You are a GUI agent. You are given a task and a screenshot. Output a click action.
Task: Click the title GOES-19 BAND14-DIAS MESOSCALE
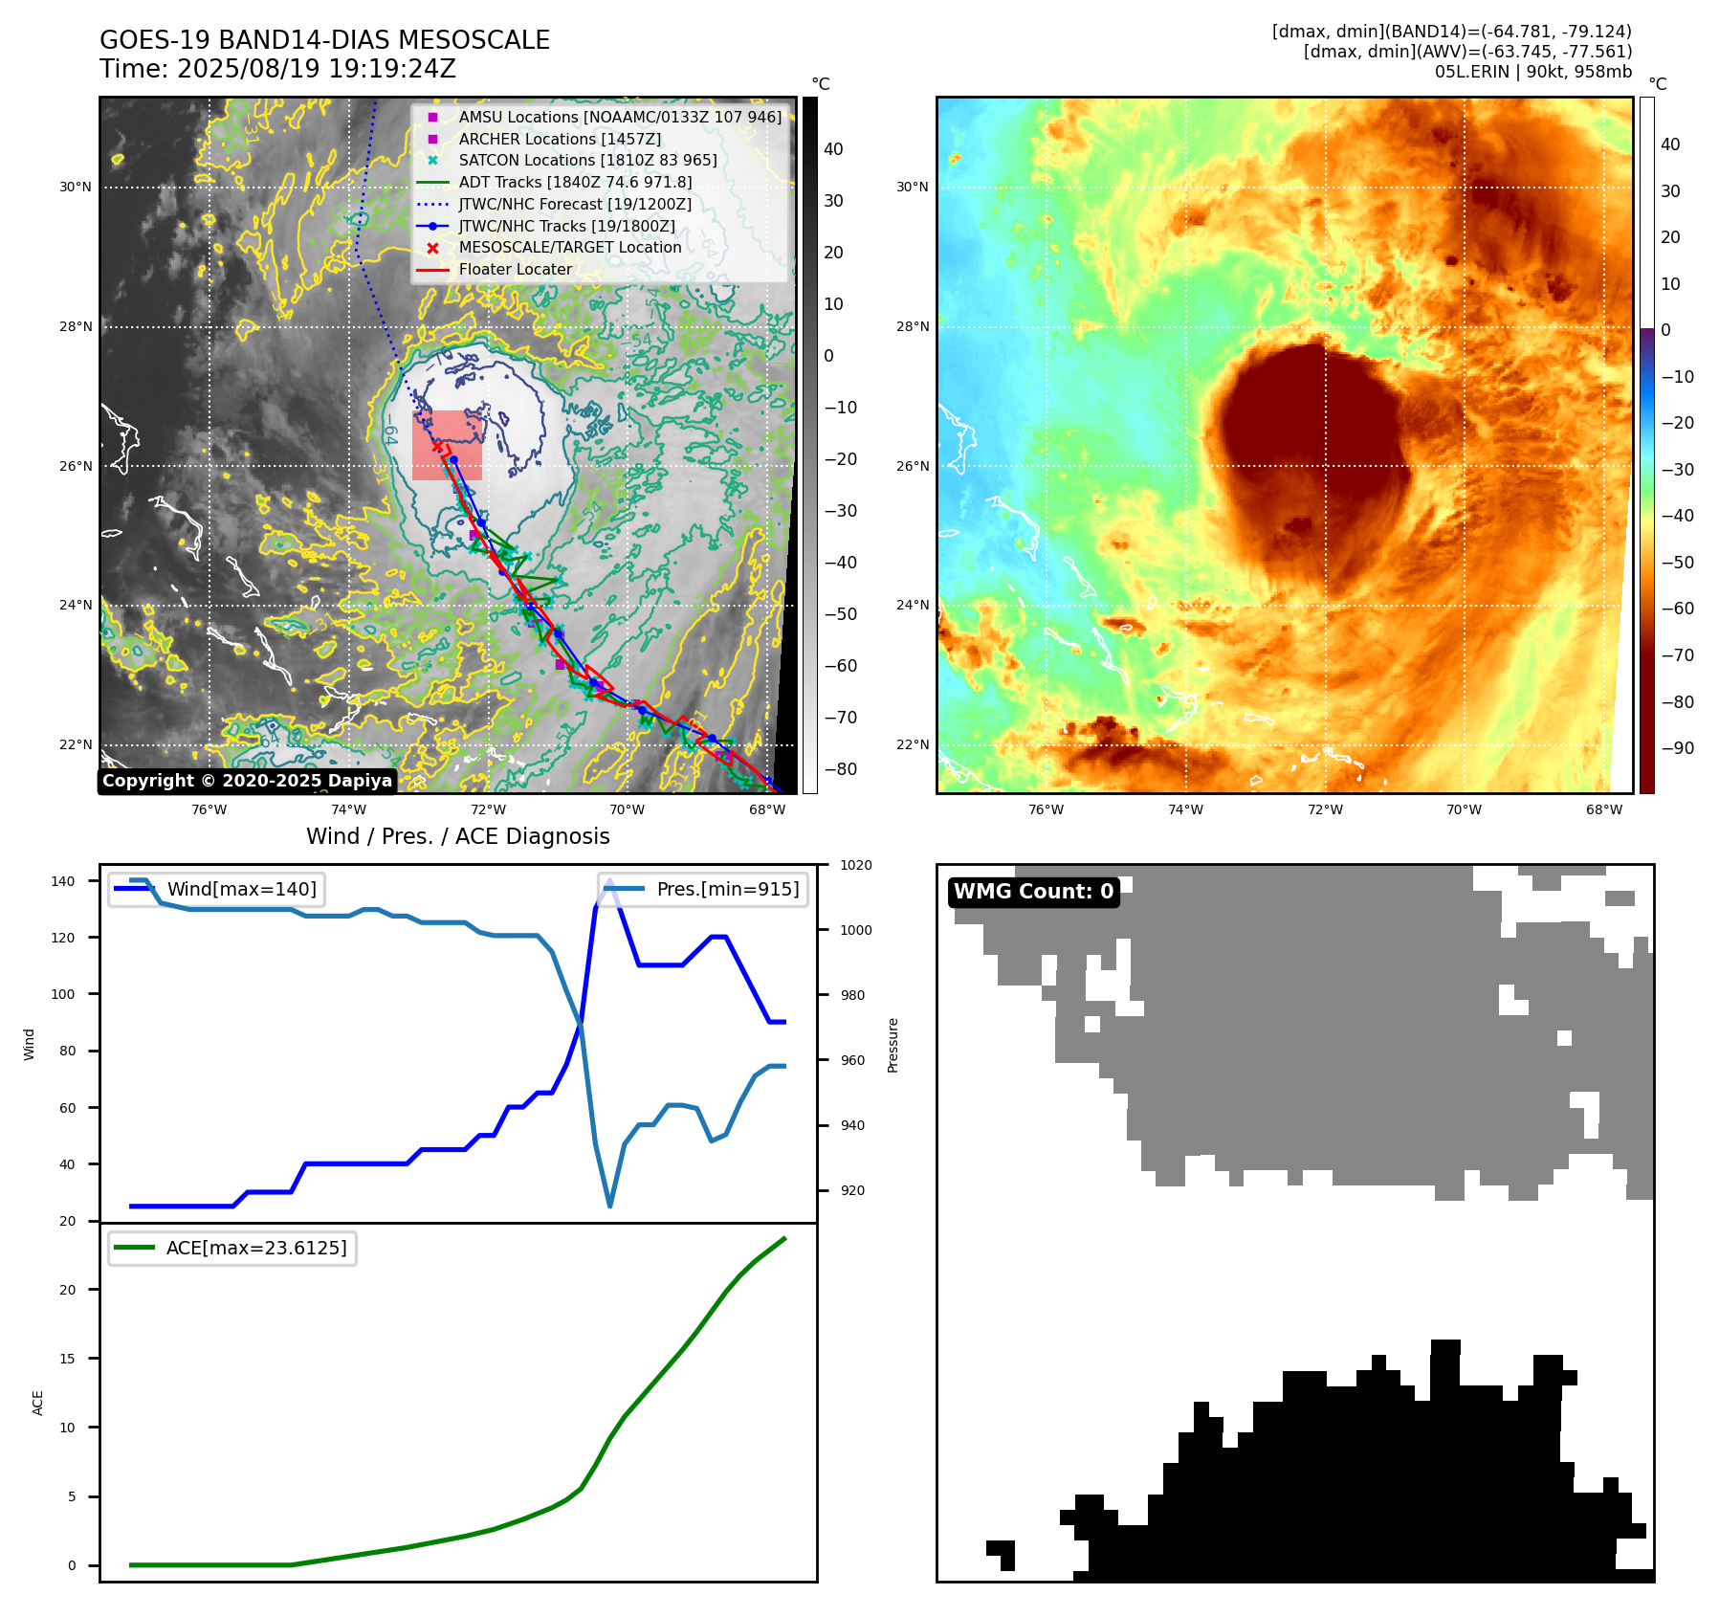[x=324, y=40]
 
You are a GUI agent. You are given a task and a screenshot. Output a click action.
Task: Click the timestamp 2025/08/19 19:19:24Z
[x=316, y=69]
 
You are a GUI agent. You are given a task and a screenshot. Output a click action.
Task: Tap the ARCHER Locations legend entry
[x=559, y=139]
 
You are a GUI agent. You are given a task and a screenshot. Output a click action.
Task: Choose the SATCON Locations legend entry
[x=586, y=160]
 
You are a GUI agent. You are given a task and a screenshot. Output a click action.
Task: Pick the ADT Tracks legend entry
[x=574, y=182]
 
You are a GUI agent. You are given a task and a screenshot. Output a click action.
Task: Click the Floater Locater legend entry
[x=515, y=269]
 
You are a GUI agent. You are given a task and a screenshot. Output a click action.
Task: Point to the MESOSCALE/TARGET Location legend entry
[x=569, y=247]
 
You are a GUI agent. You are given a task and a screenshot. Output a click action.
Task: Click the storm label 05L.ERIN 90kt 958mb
[x=1532, y=72]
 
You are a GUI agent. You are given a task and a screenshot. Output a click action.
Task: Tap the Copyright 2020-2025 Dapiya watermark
[x=247, y=781]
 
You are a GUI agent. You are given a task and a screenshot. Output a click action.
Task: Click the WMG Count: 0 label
[x=1033, y=892]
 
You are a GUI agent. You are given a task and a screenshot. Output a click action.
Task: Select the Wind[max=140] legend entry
[x=241, y=889]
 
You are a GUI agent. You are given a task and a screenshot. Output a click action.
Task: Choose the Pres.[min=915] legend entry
[x=727, y=889]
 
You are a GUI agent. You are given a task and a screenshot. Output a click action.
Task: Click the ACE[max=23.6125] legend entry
[x=255, y=1248]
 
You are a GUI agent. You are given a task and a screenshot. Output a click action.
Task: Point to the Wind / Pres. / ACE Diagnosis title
[x=457, y=836]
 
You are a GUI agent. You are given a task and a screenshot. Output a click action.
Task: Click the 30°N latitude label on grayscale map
[x=76, y=188]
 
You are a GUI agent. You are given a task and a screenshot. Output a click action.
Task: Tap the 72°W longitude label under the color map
[x=1325, y=809]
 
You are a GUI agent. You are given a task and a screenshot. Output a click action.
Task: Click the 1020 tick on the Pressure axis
[x=856, y=865]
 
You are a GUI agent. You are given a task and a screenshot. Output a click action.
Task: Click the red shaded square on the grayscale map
[x=447, y=446]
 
